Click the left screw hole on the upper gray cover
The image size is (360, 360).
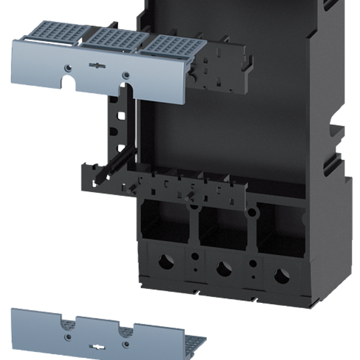point(67,67)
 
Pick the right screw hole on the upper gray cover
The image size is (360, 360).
point(126,74)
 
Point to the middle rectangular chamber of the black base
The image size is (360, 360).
point(220,225)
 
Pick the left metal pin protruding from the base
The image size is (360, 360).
point(131,190)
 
